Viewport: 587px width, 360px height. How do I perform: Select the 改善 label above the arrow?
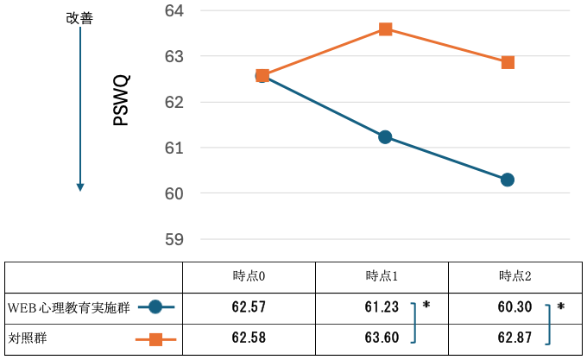click(x=79, y=18)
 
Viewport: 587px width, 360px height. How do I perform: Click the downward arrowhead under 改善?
click(x=80, y=186)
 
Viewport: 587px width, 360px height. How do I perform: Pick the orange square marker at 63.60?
click(x=385, y=29)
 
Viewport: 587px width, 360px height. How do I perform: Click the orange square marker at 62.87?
click(x=508, y=62)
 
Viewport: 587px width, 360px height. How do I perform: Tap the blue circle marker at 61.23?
click(x=385, y=137)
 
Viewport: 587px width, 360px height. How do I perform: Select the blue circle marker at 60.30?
click(x=508, y=180)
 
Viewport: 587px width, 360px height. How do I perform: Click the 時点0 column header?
click(x=249, y=277)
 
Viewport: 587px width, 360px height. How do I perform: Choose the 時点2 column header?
click(x=514, y=277)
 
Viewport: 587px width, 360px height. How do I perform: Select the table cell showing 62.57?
click(x=249, y=307)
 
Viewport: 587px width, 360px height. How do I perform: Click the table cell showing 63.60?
click(x=382, y=338)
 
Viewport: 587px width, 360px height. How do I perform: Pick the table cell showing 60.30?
click(x=514, y=307)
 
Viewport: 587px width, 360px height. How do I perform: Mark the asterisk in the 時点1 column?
click(x=426, y=306)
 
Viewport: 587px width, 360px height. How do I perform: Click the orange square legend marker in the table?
click(x=156, y=338)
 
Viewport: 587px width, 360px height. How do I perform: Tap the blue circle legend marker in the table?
click(x=155, y=307)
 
